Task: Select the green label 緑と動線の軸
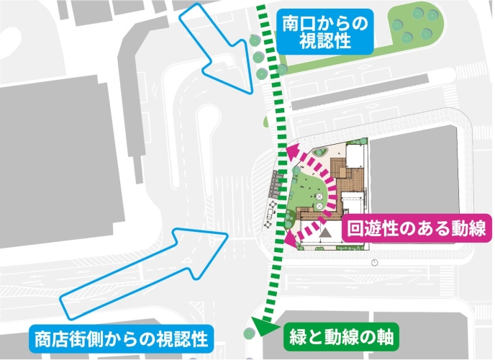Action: point(342,336)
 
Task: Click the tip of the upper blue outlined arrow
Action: point(250,92)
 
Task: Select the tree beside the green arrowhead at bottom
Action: point(249,333)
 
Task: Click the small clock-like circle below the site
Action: point(375,263)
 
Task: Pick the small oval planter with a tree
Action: point(322,151)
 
